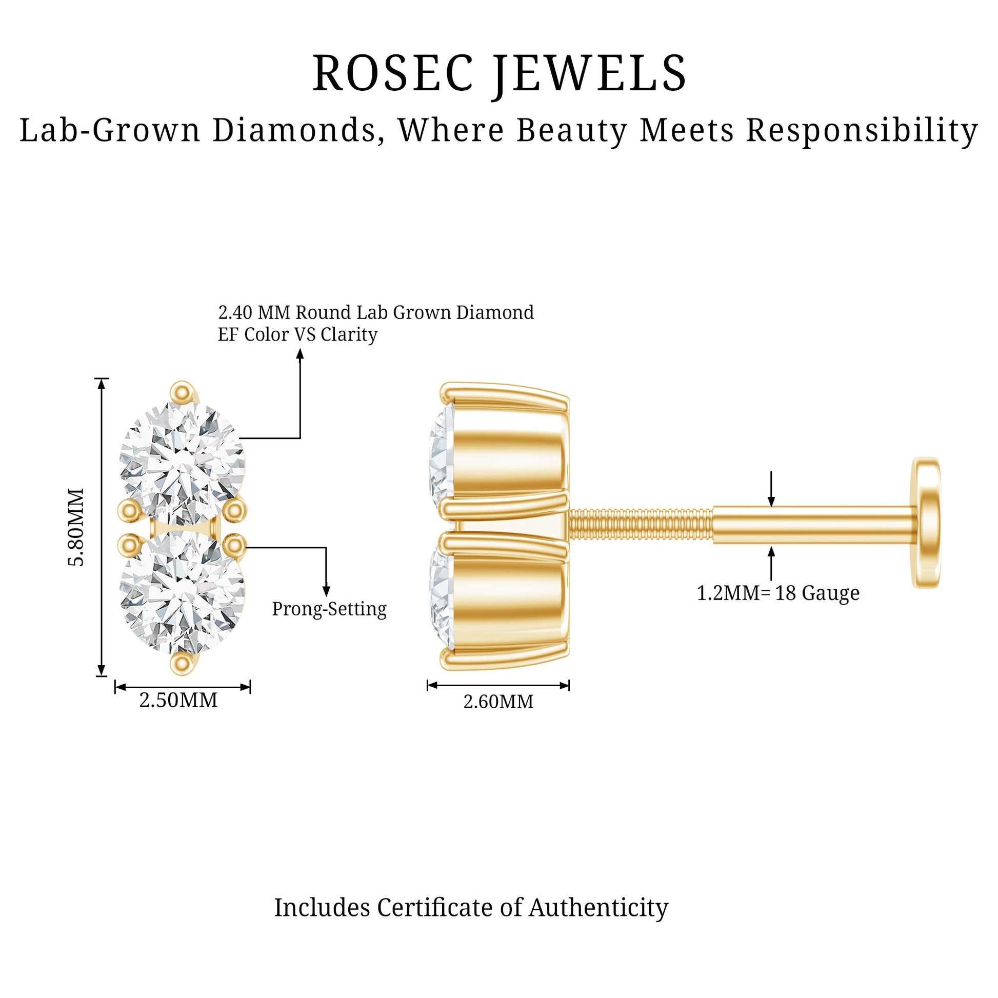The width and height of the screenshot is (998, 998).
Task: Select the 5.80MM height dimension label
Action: click(x=76, y=527)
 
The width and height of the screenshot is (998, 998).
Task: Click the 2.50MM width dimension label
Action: click(x=179, y=701)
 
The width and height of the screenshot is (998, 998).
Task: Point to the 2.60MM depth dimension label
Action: click(x=498, y=702)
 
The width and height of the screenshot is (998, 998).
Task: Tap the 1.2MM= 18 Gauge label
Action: click(x=778, y=593)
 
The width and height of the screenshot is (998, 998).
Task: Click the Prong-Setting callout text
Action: click(x=329, y=610)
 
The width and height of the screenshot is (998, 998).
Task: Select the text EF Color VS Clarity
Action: click(x=297, y=335)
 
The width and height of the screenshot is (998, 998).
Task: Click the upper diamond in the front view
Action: click(x=182, y=463)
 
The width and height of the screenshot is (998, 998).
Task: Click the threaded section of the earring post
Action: click(x=641, y=525)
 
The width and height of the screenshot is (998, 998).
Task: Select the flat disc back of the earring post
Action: click(x=926, y=522)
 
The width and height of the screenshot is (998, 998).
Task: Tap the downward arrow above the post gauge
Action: click(x=771, y=489)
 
